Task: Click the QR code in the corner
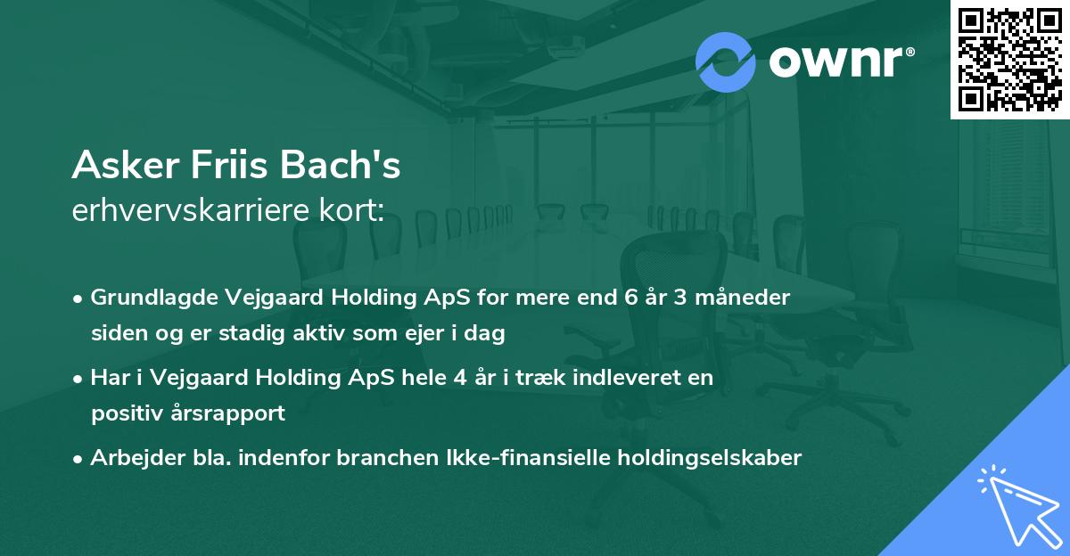pyautogui.click(x=1010, y=59)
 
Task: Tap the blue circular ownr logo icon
pyautogui.click(x=725, y=61)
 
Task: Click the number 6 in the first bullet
pyautogui.click(x=630, y=298)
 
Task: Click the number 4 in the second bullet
pyautogui.click(x=459, y=378)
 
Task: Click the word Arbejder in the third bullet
pyautogui.click(x=133, y=458)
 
